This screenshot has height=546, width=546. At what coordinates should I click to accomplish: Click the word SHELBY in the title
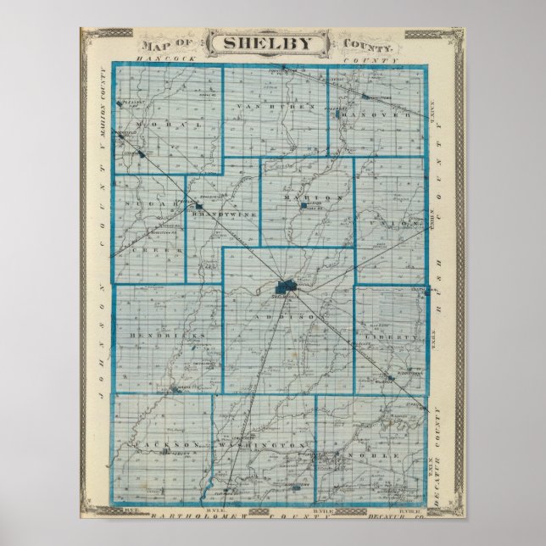click(273, 43)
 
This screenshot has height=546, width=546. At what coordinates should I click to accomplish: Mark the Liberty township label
click(391, 337)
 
